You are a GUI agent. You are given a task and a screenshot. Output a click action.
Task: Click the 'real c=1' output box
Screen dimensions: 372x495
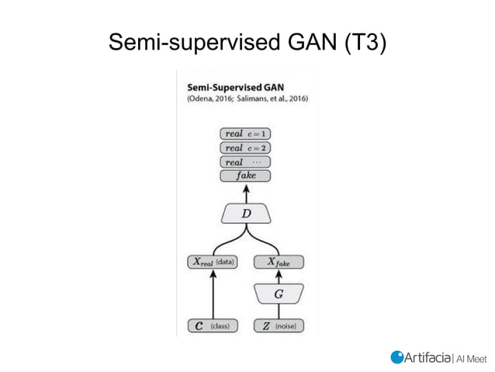click(x=246, y=134)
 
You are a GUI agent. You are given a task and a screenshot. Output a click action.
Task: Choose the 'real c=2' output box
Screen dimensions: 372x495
click(x=246, y=148)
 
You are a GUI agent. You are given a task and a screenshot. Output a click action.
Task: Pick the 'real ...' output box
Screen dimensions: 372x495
click(x=246, y=162)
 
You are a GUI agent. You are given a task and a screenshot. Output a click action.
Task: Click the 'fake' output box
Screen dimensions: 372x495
click(x=246, y=176)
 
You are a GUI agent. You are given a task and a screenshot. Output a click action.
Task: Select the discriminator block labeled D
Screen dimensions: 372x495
click(x=246, y=213)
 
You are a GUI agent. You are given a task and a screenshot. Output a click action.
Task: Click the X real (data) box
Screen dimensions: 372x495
click(x=213, y=262)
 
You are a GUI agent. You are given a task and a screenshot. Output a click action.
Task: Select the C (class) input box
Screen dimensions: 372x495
click(x=213, y=326)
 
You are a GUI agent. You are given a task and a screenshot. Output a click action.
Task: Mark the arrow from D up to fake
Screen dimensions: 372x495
click(x=246, y=193)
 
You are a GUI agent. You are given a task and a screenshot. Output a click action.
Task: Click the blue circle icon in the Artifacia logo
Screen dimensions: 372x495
click(x=396, y=356)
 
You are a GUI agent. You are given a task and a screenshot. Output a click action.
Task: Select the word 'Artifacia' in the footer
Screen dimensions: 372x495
click(x=427, y=356)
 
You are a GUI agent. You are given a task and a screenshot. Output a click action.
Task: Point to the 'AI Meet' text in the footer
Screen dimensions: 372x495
click(x=469, y=357)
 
